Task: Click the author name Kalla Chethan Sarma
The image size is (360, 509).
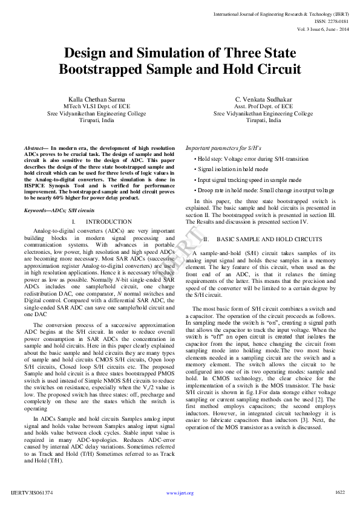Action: click(97, 99)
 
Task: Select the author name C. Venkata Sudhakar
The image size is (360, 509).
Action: click(264, 99)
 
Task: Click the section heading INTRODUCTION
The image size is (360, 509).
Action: click(109, 222)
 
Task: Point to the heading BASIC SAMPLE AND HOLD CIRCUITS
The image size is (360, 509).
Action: click(269, 239)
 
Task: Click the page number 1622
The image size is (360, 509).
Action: click(340, 492)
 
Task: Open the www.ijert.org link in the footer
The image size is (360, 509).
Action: click(180, 493)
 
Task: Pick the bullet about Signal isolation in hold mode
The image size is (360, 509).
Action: click(233, 169)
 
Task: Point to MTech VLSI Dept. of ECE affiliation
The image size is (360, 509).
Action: click(97, 106)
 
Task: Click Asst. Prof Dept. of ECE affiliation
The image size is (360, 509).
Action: click(264, 106)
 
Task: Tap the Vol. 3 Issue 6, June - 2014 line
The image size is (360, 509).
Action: click(324, 28)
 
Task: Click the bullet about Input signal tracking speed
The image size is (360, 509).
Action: click(249, 180)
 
